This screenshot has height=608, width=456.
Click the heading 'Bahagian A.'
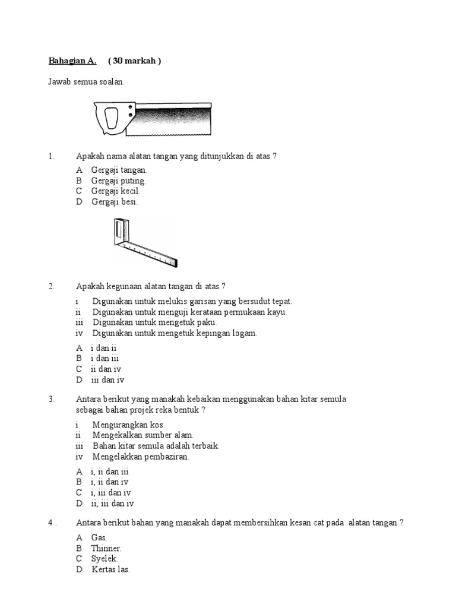tap(72, 61)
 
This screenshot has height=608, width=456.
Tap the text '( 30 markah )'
tap(135, 61)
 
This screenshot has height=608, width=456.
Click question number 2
tap(51, 286)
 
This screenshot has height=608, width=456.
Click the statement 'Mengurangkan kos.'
tap(128, 425)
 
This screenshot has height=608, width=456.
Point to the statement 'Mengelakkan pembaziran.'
tap(141, 457)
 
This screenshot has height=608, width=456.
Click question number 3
tap(51, 399)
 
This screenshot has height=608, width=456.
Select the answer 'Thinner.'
tap(106, 548)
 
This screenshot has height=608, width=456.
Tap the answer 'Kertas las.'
tap(110, 569)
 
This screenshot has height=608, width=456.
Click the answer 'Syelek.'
tap(104, 559)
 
